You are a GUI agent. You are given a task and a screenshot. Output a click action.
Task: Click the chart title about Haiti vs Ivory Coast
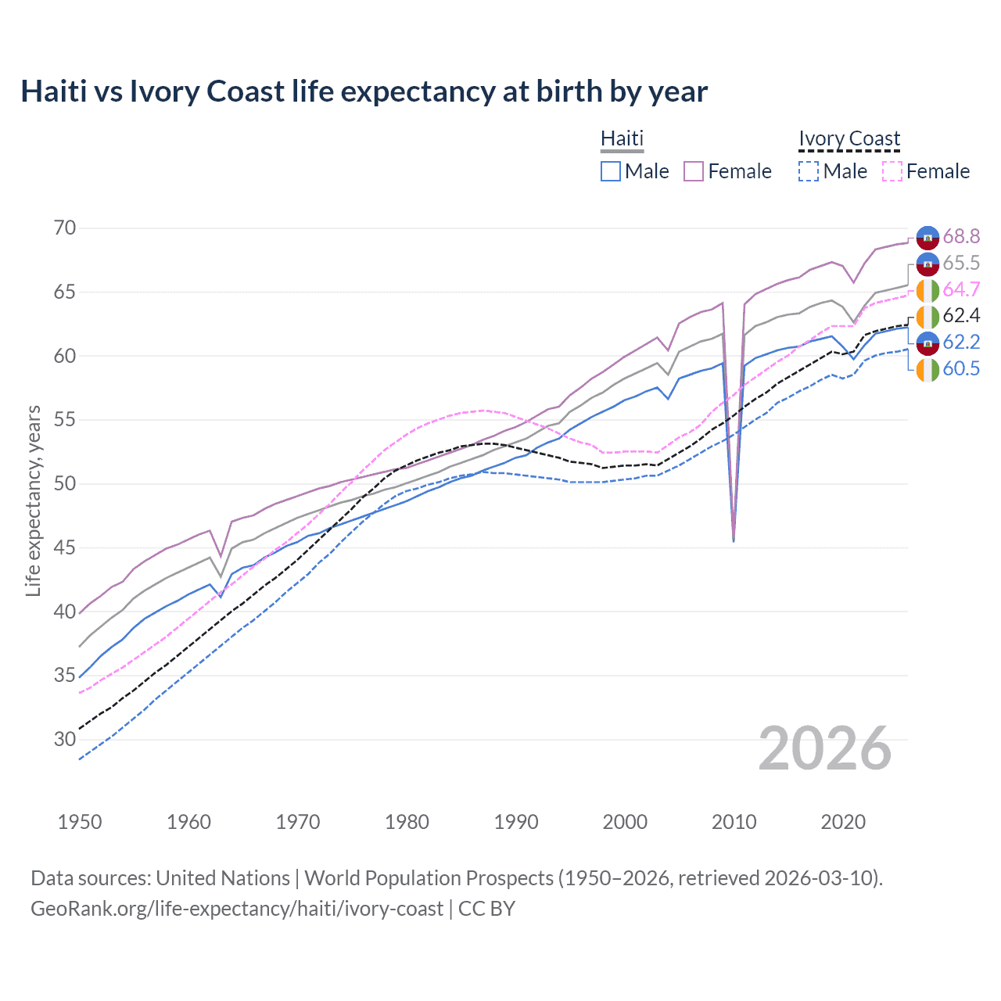coord(364,91)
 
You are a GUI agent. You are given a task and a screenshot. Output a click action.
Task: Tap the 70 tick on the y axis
coord(65,228)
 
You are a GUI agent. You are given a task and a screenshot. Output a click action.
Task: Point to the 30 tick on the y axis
coord(65,739)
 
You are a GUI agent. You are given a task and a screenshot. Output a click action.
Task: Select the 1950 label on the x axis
coord(80,822)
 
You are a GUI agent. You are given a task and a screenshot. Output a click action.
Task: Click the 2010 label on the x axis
coord(734,822)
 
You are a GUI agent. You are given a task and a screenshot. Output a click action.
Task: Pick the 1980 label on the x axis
coord(407,822)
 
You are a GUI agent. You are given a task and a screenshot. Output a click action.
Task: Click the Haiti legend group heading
coord(622,138)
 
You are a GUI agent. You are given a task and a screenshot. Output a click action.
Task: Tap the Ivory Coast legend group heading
coord(849,138)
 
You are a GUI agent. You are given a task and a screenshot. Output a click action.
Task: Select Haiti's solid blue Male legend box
coord(611,171)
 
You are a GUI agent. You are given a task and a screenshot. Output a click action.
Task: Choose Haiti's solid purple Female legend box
coord(694,171)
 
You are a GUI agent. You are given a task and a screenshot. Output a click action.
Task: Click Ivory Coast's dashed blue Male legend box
coord(809,171)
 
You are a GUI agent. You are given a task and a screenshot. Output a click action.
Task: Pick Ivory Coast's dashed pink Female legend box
coord(892,171)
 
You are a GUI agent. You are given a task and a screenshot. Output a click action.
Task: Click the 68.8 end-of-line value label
coord(961,236)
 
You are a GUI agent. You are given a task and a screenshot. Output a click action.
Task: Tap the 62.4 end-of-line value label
coord(961,316)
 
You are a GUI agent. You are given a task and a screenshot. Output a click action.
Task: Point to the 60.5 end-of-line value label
coord(961,369)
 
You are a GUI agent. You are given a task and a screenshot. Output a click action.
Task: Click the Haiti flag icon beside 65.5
coord(927,264)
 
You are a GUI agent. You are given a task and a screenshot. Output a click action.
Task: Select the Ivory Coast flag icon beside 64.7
coord(927,290)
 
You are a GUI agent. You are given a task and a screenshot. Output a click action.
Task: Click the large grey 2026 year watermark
coord(825,748)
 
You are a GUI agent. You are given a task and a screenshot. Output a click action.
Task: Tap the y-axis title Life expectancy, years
coord(33,500)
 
